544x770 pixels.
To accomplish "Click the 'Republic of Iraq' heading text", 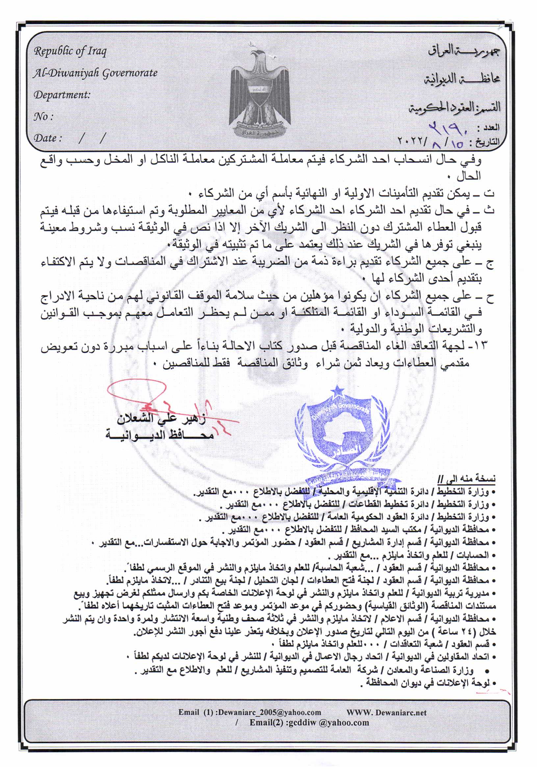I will [x=70, y=51].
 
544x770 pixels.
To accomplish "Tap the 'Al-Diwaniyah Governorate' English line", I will [x=95, y=73].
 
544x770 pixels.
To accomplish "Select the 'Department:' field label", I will [x=62, y=95].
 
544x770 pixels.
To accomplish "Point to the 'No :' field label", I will [x=43, y=117].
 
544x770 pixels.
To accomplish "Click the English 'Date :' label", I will [x=48, y=138].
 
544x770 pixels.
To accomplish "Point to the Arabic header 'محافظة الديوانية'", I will [x=462, y=79].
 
